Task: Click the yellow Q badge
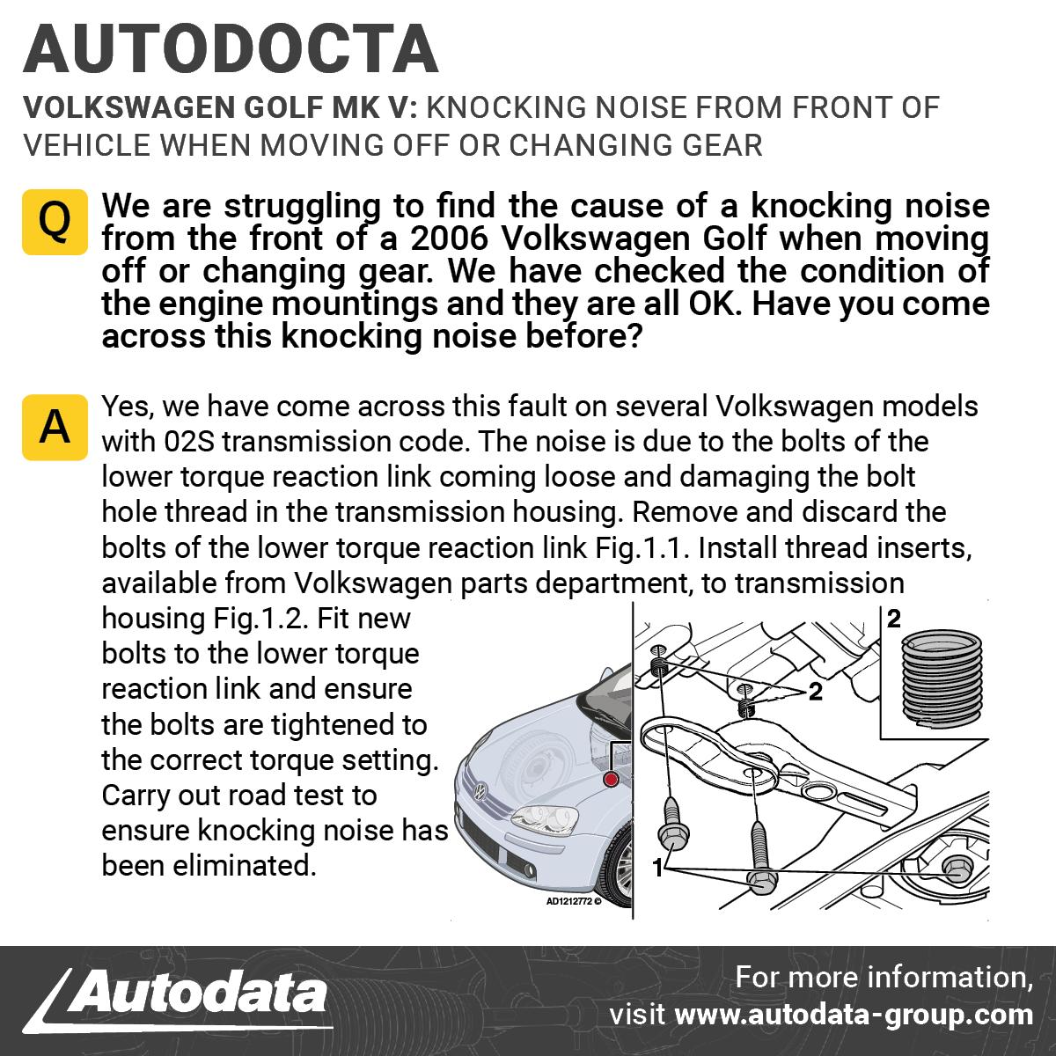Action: coord(55,222)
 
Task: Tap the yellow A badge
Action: coord(55,427)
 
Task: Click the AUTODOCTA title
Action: coord(231,48)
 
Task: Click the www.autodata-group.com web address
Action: coord(854,1015)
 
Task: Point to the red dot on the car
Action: coord(611,779)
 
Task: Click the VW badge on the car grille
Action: coord(480,791)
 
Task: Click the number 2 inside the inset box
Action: coord(894,619)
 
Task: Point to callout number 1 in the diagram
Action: coord(658,868)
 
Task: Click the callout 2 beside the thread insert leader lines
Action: coord(816,693)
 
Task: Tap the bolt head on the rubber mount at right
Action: coord(957,869)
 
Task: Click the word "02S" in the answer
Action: coord(189,442)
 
